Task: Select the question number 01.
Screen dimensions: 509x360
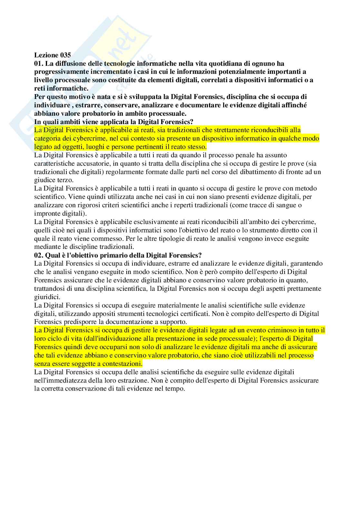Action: (39, 64)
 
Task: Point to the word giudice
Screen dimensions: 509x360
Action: (44, 180)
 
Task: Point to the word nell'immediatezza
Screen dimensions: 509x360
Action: (60, 380)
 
